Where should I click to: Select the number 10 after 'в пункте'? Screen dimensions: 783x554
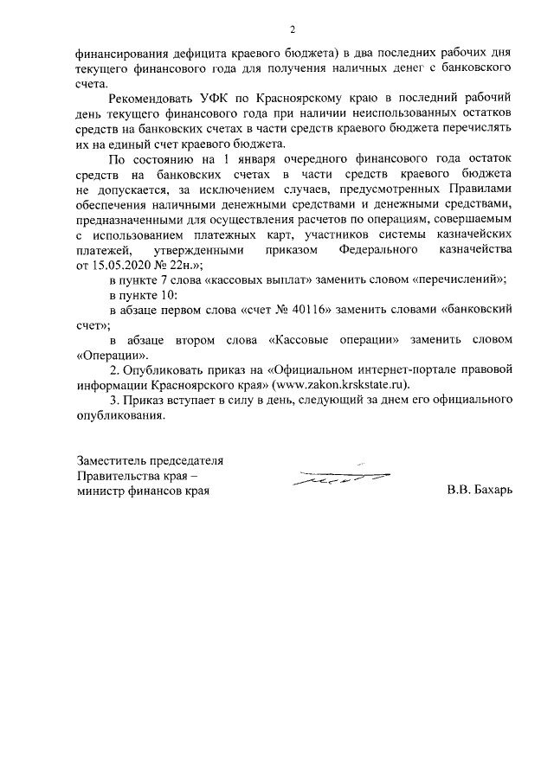(164, 297)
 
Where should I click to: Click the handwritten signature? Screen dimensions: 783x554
(340, 474)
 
